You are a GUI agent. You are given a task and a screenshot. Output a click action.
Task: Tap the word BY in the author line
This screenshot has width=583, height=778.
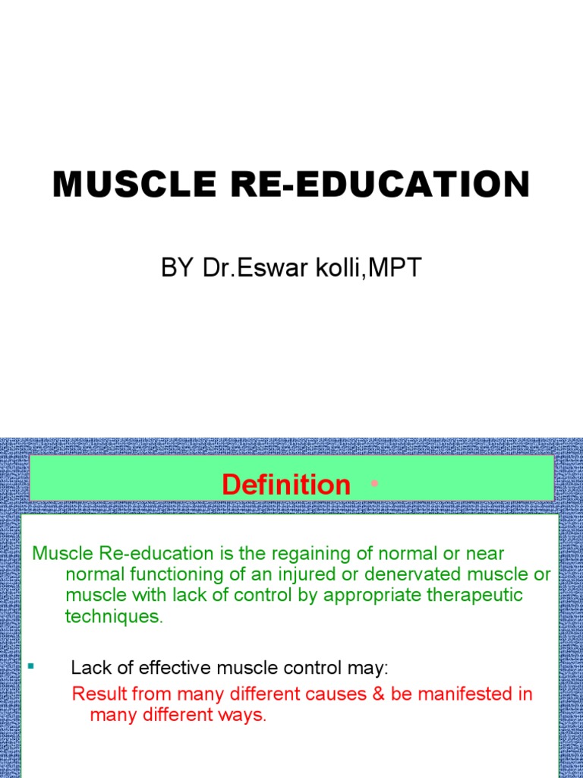178,269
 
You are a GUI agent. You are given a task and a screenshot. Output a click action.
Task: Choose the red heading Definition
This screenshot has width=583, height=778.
286,485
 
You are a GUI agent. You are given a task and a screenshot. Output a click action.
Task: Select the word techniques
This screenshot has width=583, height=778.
114,616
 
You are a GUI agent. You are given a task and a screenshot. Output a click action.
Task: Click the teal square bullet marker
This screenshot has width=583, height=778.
32,666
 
